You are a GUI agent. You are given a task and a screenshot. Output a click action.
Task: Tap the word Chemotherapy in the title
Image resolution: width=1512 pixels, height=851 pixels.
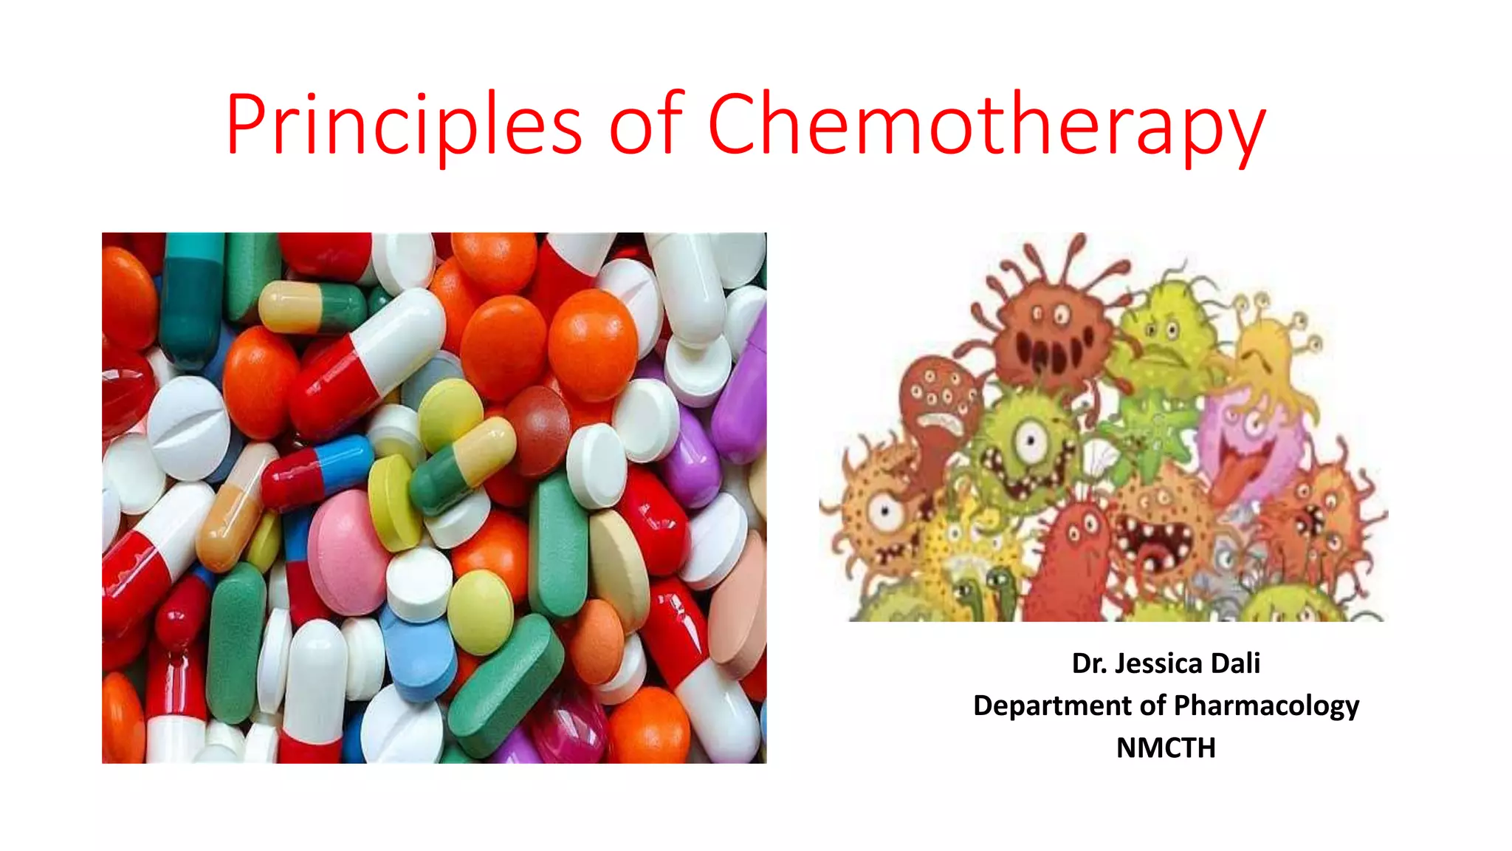tap(986, 123)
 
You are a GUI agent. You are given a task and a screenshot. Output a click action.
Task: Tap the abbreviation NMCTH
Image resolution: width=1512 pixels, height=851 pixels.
tap(1166, 748)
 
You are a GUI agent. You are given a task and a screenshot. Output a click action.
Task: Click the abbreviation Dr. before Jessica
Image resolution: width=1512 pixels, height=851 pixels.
tap(1089, 663)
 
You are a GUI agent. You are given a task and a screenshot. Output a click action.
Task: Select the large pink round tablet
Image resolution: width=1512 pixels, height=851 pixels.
tap(347, 550)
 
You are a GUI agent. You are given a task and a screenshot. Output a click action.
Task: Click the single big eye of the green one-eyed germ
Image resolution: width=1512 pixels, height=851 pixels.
tap(1029, 442)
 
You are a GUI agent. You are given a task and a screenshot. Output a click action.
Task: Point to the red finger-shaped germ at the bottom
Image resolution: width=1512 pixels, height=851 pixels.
tap(1074, 561)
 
